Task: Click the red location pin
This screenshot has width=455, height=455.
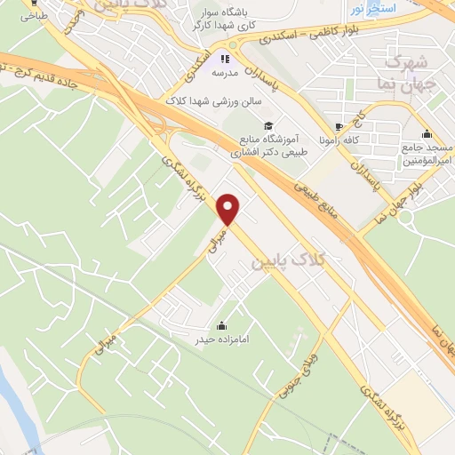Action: pos(229,209)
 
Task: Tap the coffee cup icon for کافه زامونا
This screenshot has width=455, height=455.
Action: pos(338,126)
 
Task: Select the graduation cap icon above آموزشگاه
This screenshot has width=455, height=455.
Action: pos(267,124)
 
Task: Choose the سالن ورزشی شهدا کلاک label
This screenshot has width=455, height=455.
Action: pos(213,101)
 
